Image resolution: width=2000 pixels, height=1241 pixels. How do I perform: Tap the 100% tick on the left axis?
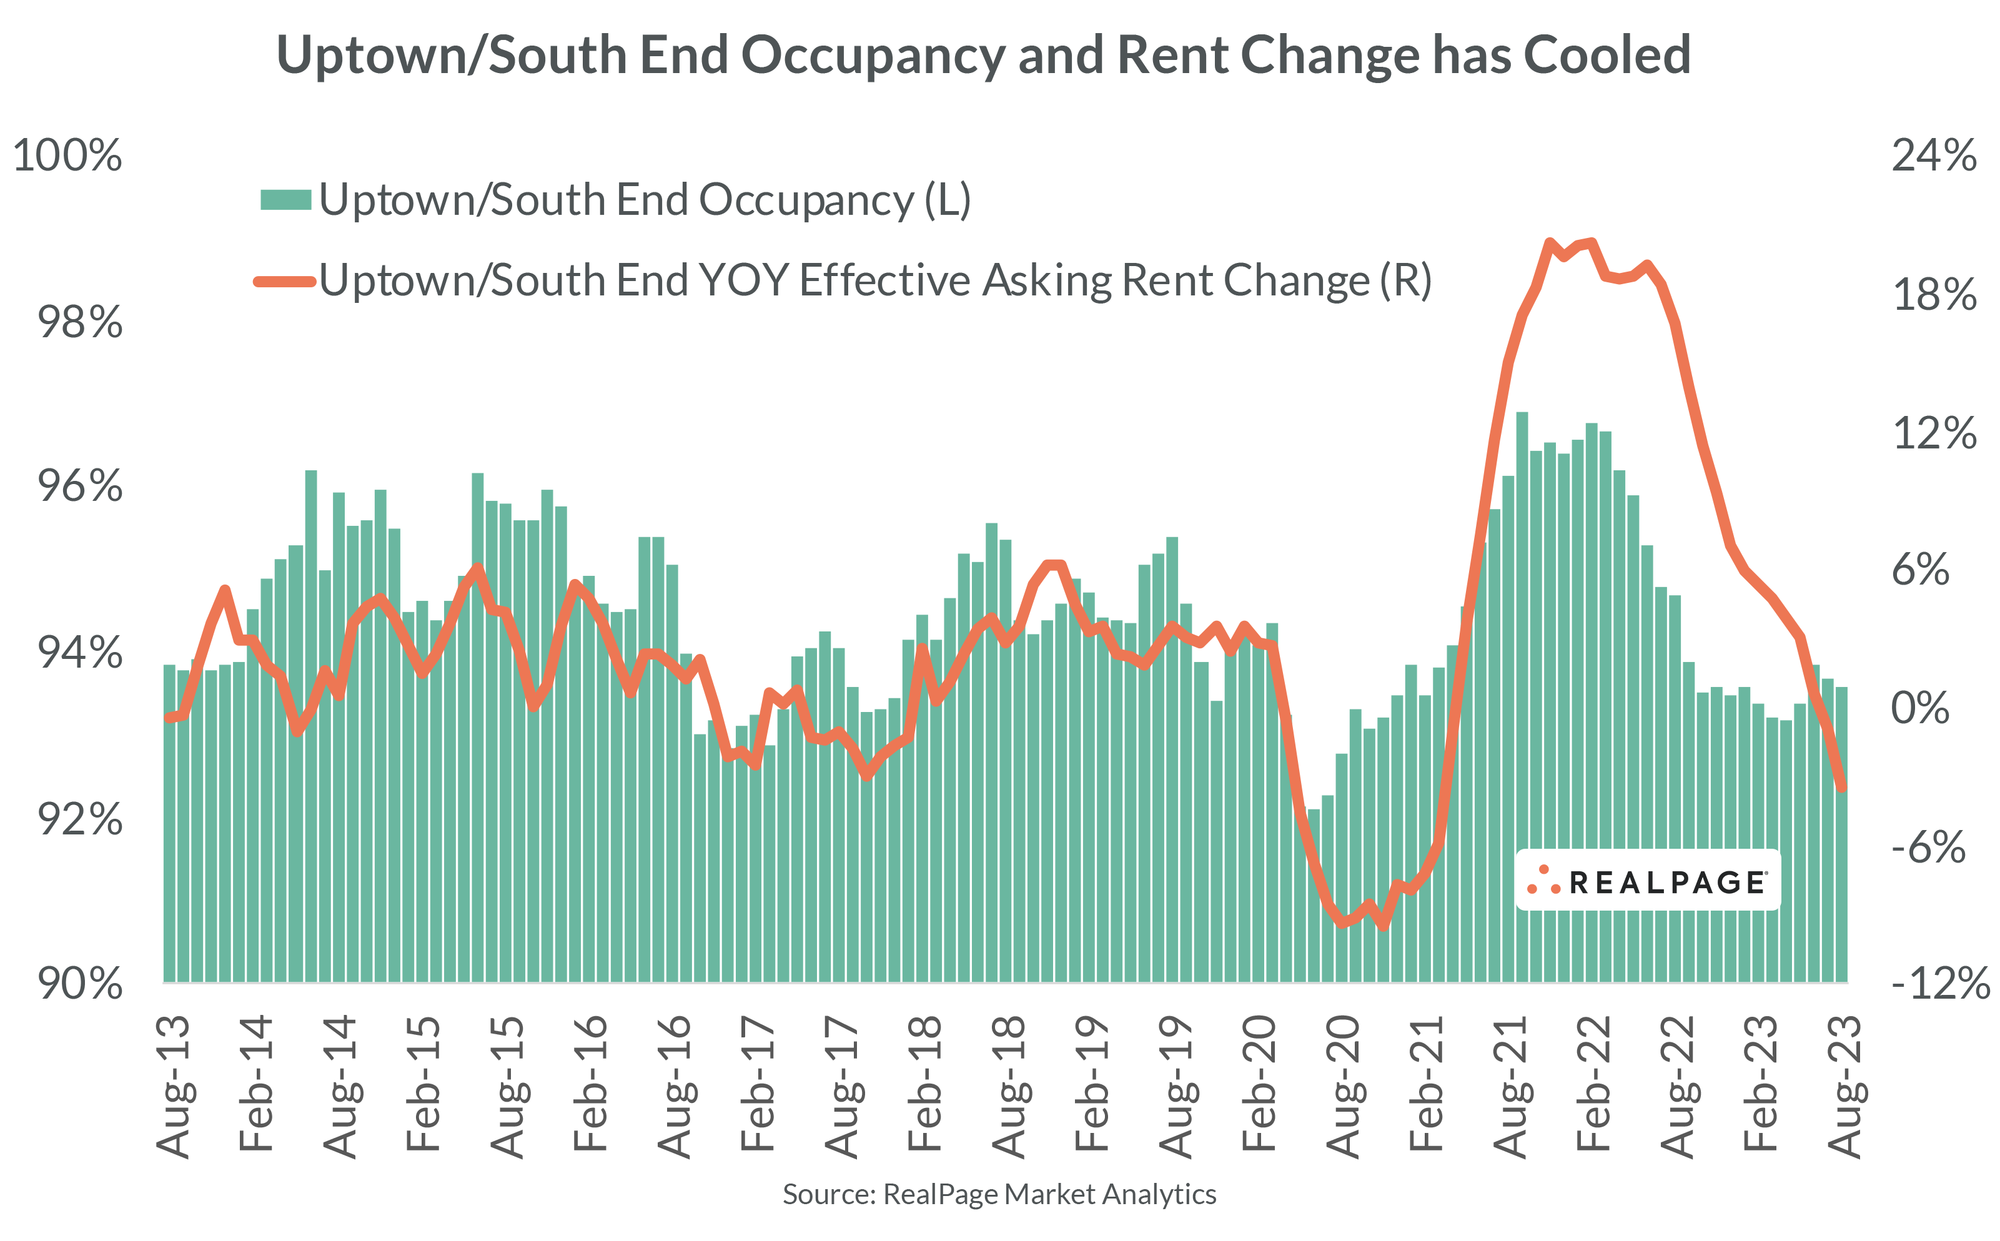[x=67, y=155]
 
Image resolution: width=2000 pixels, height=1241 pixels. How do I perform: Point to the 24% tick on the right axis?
[x=1934, y=155]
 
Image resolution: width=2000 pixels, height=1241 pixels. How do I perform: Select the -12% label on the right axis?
[x=1940, y=982]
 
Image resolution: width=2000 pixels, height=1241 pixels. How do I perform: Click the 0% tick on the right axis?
[x=1921, y=708]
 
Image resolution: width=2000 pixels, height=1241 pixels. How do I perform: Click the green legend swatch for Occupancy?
[x=285, y=199]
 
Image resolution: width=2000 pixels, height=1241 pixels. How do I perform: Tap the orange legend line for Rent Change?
[x=285, y=282]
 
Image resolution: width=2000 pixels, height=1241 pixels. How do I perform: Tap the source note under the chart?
[x=999, y=1194]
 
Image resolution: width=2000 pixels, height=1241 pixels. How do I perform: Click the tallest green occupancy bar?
[x=1522, y=698]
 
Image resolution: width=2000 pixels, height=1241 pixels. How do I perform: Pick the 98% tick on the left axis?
[x=79, y=322]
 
